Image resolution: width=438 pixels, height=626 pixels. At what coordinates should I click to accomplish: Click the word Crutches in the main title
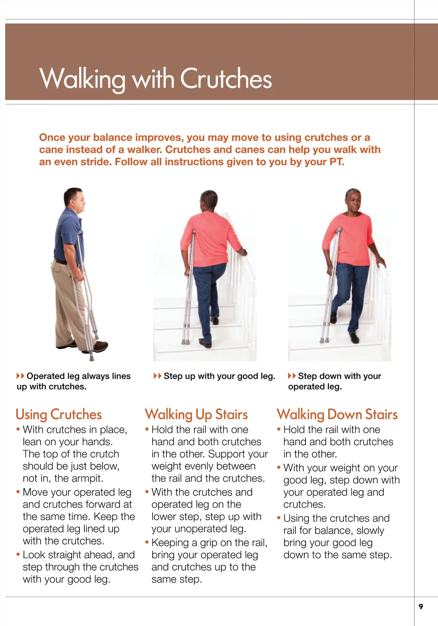coord(226,78)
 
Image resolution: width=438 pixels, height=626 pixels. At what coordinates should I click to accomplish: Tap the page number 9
coord(421,607)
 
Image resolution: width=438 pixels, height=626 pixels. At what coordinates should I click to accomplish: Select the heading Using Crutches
coord(58,415)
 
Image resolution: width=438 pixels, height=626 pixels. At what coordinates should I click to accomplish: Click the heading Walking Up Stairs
coord(196,415)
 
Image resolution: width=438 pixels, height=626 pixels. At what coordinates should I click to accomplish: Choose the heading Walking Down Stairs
coord(337,415)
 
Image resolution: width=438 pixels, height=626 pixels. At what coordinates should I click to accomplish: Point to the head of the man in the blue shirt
coord(74,199)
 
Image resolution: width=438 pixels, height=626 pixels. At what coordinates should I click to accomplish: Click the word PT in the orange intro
coord(336,162)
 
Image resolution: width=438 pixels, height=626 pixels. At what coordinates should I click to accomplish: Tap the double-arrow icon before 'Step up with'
coord(157,376)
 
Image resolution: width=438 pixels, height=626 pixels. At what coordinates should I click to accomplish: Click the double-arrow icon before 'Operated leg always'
coord(20,376)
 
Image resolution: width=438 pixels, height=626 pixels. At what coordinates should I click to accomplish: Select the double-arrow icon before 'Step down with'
coord(292,376)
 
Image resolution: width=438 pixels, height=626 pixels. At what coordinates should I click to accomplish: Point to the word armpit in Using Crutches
coord(88,478)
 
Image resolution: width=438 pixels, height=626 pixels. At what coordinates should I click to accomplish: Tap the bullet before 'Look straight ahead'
coord(18,554)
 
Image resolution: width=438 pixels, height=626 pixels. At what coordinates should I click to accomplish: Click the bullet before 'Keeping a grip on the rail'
coord(147,542)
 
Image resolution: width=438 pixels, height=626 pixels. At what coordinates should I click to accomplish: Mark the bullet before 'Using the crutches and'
coord(279,518)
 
